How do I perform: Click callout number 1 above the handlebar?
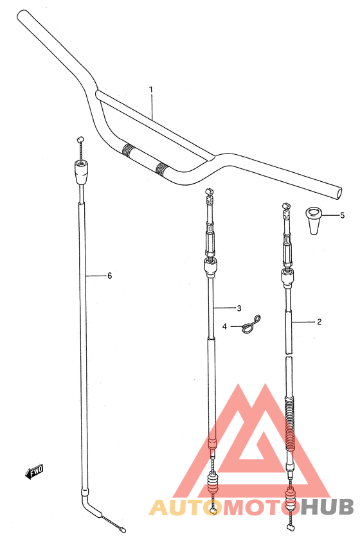[x=151, y=89]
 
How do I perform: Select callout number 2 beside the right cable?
[x=319, y=321]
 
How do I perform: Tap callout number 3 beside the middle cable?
[x=239, y=308]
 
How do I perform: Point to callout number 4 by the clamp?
[x=224, y=326]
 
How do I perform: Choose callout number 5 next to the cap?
[x=342, y=215]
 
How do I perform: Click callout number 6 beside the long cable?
[x=109, y=276]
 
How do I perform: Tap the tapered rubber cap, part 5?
[x=314, y=221]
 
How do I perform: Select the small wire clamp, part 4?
[x=251, y=324]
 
